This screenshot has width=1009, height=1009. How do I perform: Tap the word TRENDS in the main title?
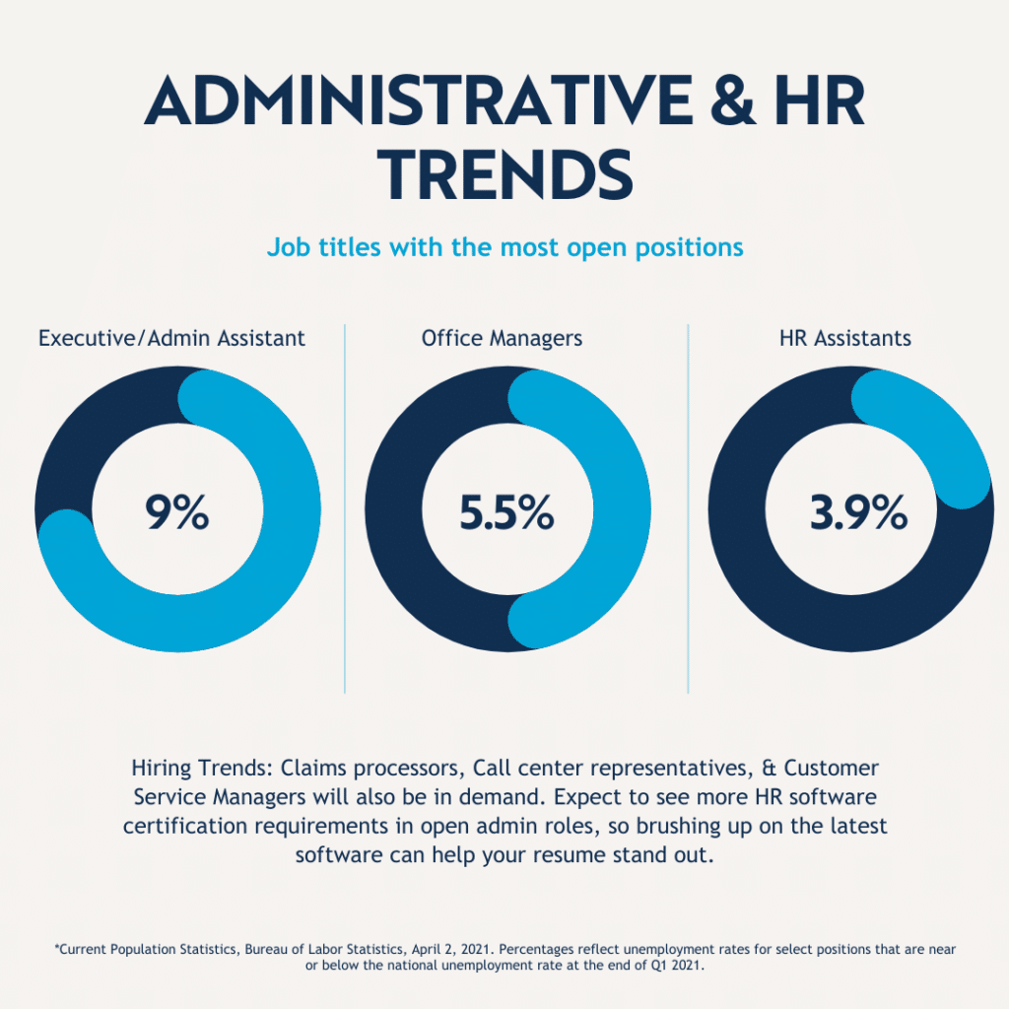504,175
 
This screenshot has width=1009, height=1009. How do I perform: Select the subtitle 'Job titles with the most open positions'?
504,246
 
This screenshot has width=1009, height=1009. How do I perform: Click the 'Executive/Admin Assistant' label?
171,338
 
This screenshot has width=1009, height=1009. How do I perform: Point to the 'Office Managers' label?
502,338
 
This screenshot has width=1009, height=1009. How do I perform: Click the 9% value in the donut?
177,513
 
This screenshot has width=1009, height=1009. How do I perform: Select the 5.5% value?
506,513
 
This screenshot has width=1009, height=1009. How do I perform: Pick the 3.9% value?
857,513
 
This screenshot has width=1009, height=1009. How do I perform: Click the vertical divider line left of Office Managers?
345,507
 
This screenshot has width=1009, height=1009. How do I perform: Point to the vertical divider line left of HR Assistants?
688,507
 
